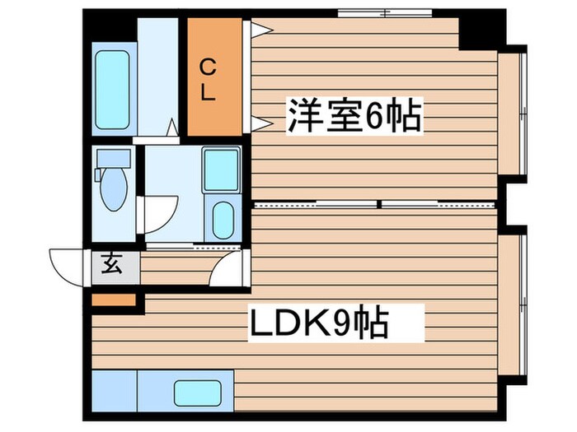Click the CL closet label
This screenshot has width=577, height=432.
[208, 78]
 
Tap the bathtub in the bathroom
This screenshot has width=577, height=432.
[112, 91]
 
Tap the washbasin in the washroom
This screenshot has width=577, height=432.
[223, 218]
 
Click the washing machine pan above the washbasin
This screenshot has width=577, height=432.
[221, 170]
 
